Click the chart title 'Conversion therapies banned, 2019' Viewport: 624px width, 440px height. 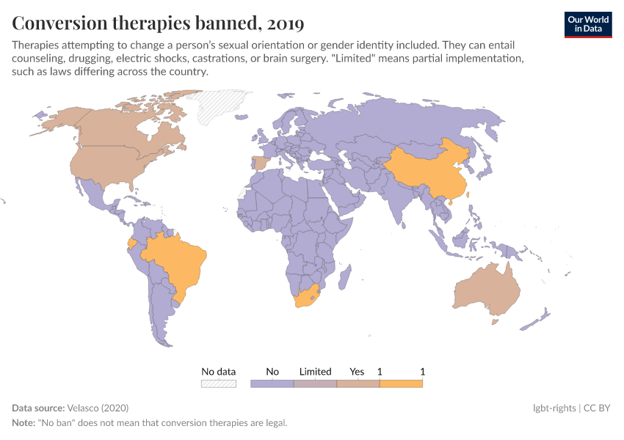[158, 23]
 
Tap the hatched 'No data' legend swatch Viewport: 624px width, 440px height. [219, 383]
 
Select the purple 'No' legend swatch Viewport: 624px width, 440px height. [272, 383]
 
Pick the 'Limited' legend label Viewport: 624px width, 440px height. [315, 371]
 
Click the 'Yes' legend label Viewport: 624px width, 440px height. [358, 371]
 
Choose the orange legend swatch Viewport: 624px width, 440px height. [401, 383]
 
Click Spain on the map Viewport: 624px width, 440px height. [259, 163]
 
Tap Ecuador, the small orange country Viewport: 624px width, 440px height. [131, 242]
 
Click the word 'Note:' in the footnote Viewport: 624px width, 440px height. [24, 422]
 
